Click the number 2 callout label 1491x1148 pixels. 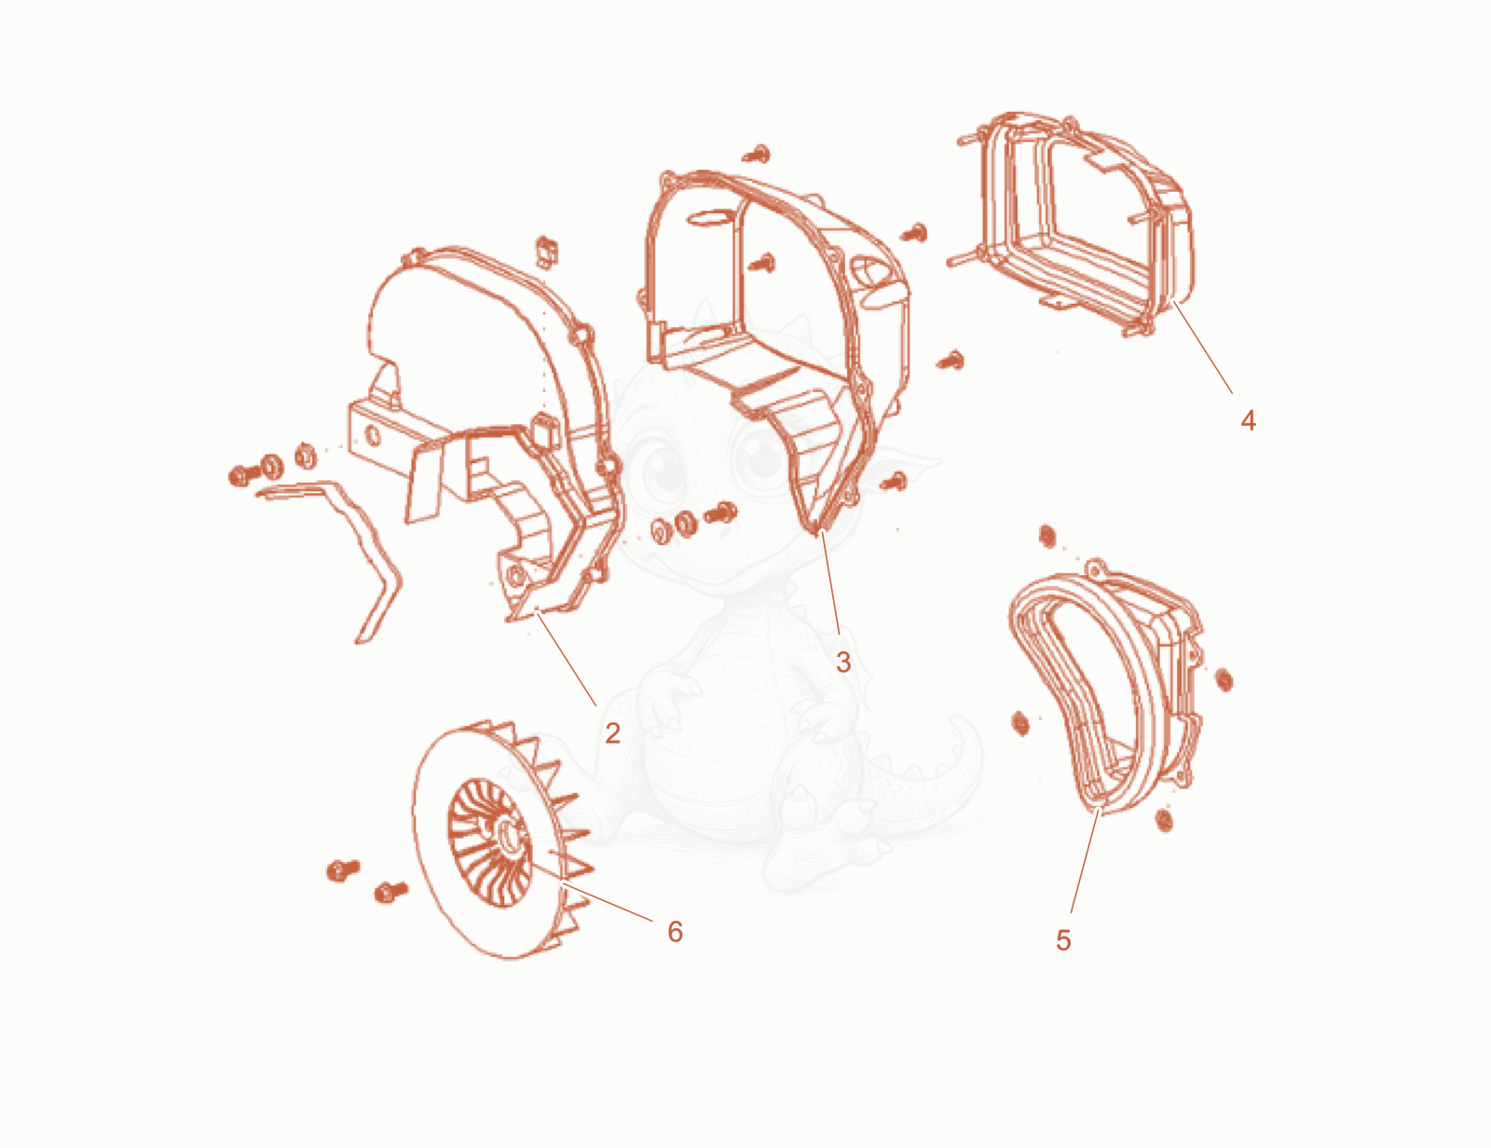(613, 733)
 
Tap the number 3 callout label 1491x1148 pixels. (843, 662)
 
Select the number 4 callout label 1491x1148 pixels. (1248, 420)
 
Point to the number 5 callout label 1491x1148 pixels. (1063, 940)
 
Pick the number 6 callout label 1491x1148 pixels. (676, 931)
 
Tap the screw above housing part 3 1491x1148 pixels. (757, 154)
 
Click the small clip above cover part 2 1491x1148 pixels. (546, 252)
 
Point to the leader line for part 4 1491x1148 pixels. (1202, 347)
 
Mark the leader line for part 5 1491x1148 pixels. (1084, 861)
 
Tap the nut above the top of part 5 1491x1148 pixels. (1047, 537)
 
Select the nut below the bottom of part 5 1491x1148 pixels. (1164, 820)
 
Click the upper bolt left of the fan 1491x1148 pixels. (342, 869)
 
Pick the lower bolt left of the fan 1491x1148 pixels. (390, 892)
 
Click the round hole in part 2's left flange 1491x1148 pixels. (374, 435)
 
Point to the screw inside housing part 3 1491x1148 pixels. (761, 263)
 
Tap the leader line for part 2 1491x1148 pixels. (567, 661)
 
